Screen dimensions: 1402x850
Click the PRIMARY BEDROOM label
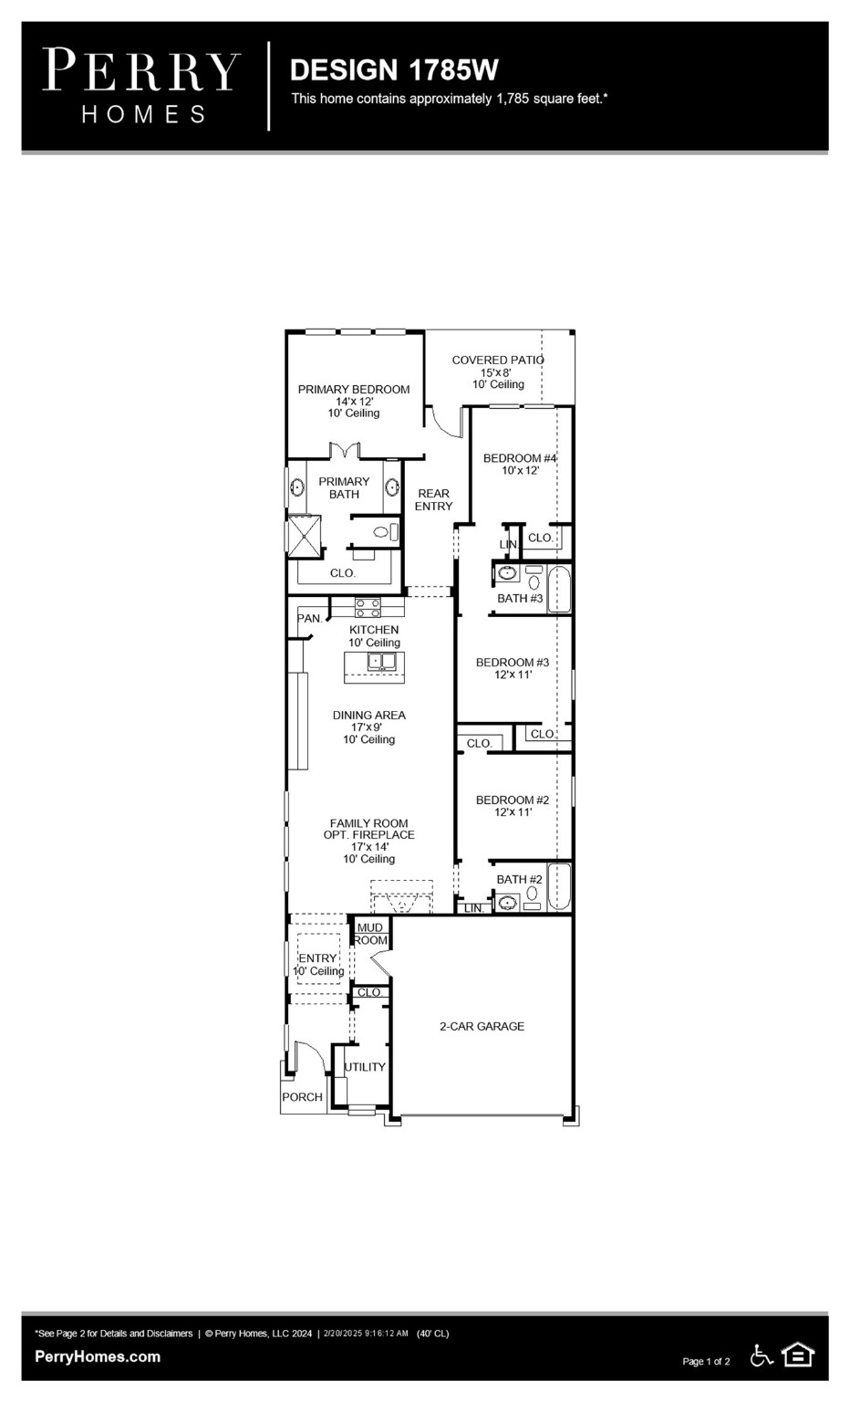click(x=354, y=390)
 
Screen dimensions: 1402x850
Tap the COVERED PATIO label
click(x=497, y=361)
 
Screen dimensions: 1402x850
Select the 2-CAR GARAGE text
click(x=482, y=1027)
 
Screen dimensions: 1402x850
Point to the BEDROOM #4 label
click(x=520, y=458)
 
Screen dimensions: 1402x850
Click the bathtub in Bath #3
click(x=558, y=590)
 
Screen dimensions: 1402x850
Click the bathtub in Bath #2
click(x=558, y=887)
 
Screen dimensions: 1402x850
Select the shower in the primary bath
click(x=304, y=536)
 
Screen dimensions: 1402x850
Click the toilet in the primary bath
click(x=385, y=531)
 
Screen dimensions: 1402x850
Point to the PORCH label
click(x=302, y=1097)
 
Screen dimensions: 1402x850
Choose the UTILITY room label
click(x=365, y=1067)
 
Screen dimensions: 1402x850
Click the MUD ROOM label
click(x=370, y=934)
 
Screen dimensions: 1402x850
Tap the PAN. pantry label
click(x=310, y=619)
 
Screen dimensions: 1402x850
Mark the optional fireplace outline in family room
click(x=401, y=896)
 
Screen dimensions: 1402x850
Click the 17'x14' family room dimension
click(x=369, y=847)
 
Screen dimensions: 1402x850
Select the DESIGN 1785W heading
click(x=394, y=70)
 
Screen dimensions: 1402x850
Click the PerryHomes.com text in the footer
click(x=98, y=1356)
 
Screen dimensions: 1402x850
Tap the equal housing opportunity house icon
click(x=798, y=1355)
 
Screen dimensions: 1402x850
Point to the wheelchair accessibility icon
click(x=762, y=1356)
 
